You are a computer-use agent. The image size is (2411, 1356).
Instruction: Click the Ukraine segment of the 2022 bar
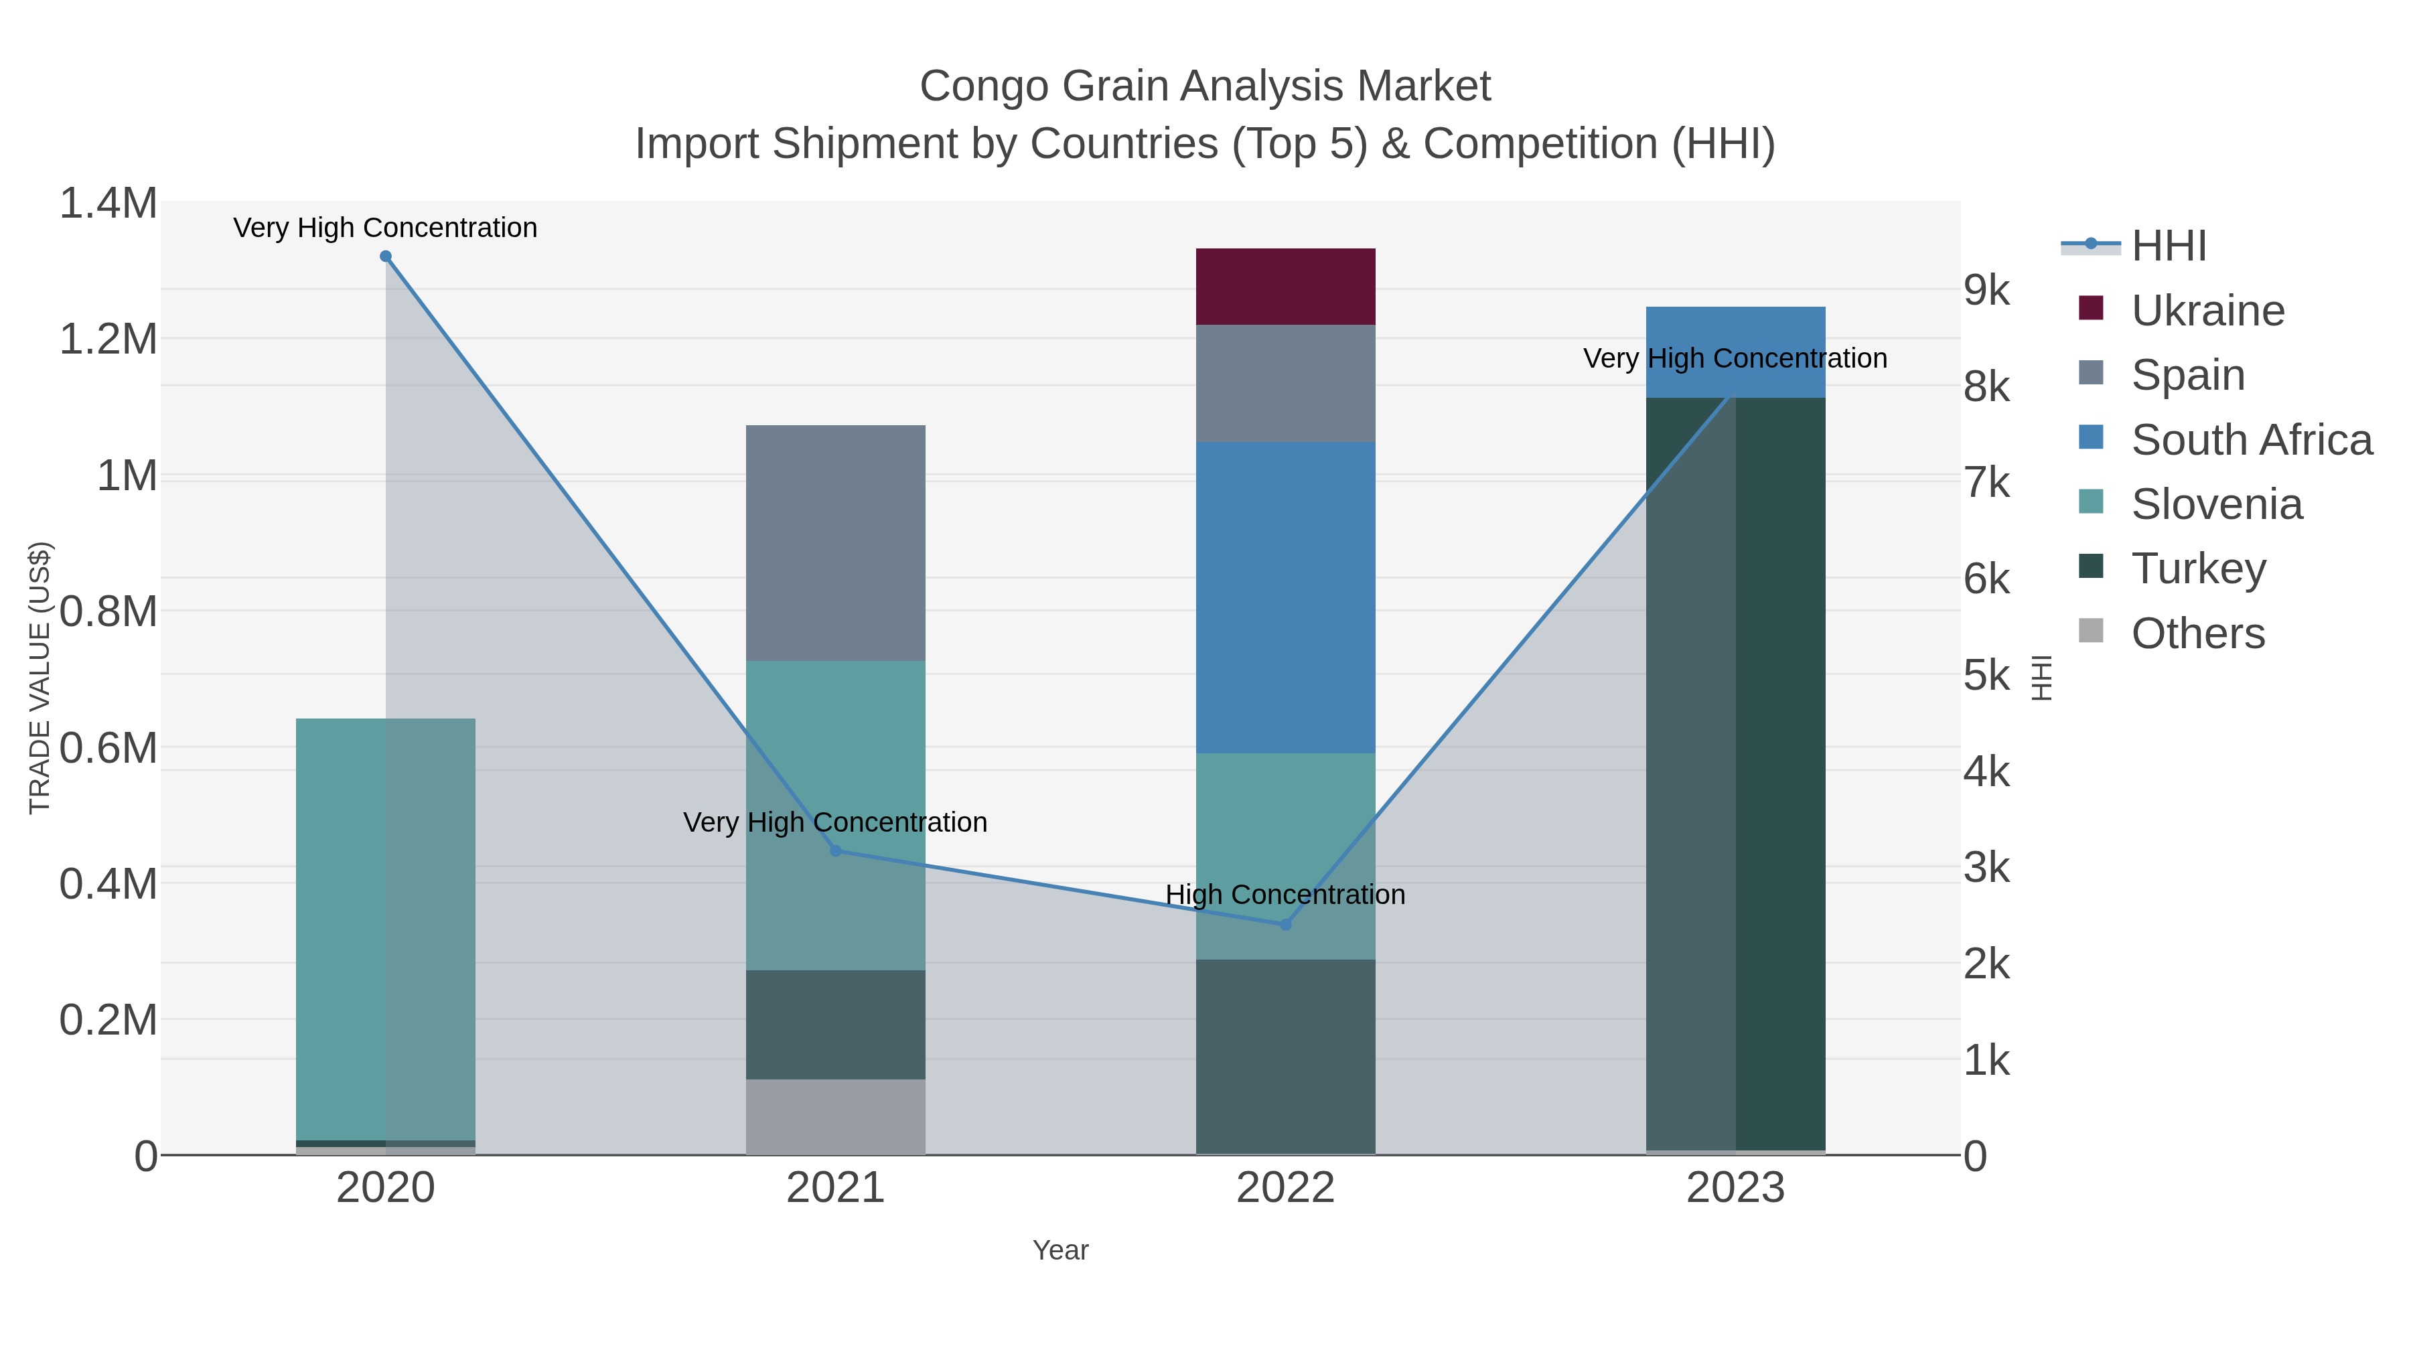[1285, 287]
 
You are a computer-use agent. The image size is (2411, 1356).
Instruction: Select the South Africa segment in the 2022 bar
[1285, 597]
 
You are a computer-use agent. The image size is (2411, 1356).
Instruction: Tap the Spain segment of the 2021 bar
[835, 543]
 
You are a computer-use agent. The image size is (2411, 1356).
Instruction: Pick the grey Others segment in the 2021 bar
[835, 1116]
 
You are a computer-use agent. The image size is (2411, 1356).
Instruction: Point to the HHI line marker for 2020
[386, 256]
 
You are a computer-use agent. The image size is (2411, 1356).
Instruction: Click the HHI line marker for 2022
[1285, 925]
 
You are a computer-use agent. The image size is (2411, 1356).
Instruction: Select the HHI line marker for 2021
[836, 850]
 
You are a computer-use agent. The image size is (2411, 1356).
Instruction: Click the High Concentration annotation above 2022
[1285, 895]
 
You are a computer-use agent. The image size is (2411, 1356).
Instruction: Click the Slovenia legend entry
[2216, 504]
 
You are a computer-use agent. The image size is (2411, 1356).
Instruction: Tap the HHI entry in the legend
[2169, 246]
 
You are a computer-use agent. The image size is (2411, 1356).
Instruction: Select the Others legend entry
[2197, 633]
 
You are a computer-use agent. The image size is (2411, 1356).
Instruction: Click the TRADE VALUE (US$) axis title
[40, 678]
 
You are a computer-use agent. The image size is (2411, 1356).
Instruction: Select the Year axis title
[1060, 1250]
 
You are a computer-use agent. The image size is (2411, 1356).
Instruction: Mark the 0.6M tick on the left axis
[108, 749]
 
